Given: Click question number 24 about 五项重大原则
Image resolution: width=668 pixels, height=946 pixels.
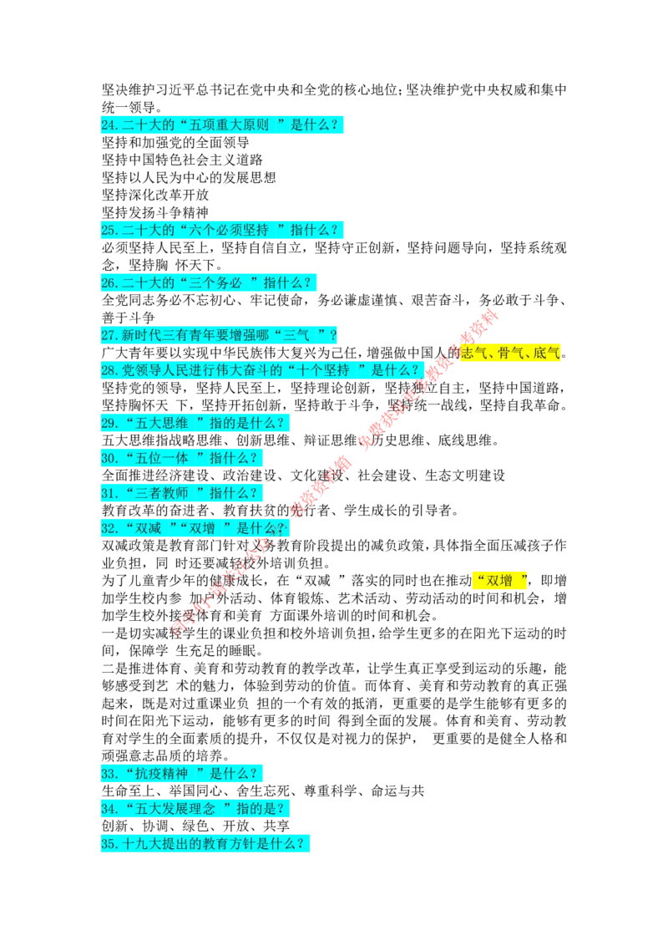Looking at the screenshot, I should (223, 126).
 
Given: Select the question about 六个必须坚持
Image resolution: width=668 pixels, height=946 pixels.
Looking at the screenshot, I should (223, 231).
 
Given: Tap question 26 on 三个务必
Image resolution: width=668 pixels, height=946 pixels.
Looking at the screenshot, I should (210, 283).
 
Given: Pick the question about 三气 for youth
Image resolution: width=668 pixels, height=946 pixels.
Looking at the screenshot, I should (220, 336).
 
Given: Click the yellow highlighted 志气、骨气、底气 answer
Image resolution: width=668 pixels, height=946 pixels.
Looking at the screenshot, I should (510, 353).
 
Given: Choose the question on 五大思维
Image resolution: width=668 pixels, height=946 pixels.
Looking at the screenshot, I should (196, 424).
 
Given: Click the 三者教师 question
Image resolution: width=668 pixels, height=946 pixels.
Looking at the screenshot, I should (183, 493).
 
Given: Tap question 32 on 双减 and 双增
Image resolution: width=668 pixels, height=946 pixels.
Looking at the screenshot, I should (196, 528).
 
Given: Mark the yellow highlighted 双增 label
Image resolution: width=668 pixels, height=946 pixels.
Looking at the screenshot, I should (499, 581).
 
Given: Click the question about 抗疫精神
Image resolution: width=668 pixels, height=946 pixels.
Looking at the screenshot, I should (183, 774).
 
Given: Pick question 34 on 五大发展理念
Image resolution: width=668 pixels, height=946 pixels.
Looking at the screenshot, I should (196, 809).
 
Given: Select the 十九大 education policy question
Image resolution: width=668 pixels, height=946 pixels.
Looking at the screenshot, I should (206, 844).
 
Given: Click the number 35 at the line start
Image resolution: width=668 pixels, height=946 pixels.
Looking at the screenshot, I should (109, 844).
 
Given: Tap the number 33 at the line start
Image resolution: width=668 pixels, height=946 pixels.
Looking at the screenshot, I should (109, 774).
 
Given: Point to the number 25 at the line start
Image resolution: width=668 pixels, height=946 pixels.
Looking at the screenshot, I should (109, 231).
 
